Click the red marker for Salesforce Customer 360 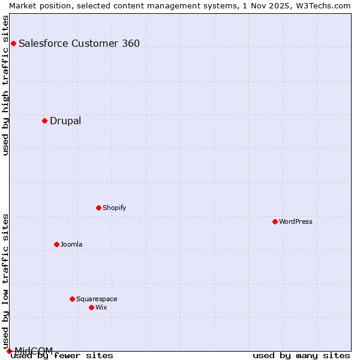coord(13,43)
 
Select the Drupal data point coord(44,121)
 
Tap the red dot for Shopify coord(98,208)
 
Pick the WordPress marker coord(275,221)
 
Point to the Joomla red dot coord(56,244)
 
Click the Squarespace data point coord(72,299)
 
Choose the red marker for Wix coord(91,307)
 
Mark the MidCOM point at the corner coord(9,351)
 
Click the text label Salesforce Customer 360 coord(79,43)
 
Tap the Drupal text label coord(65,121)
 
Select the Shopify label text coord(115,208)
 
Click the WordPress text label coord(296,221)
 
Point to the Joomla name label coord(71,244)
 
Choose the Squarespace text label coord(97,299)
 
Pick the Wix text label coord(101,307)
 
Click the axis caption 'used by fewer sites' coord(62,355)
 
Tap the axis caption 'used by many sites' coord(301,355)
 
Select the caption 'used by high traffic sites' coord(5,85)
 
